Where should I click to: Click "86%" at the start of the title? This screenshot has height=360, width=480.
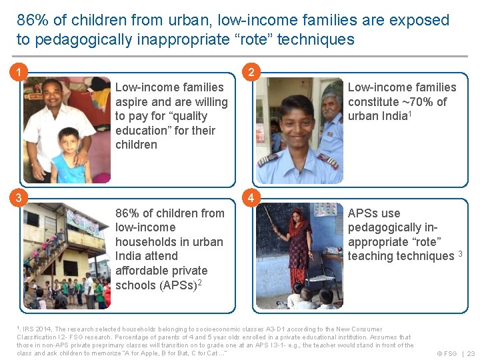click(30, 20)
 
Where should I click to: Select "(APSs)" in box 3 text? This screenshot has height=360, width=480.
click(174, 285)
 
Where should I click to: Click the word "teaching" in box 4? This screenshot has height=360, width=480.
click(369, 256)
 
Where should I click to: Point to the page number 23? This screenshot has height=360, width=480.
click(471, 353)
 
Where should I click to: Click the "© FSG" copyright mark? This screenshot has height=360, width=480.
click(446, 353)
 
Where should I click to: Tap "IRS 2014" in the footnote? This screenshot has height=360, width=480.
click(37, 329)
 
